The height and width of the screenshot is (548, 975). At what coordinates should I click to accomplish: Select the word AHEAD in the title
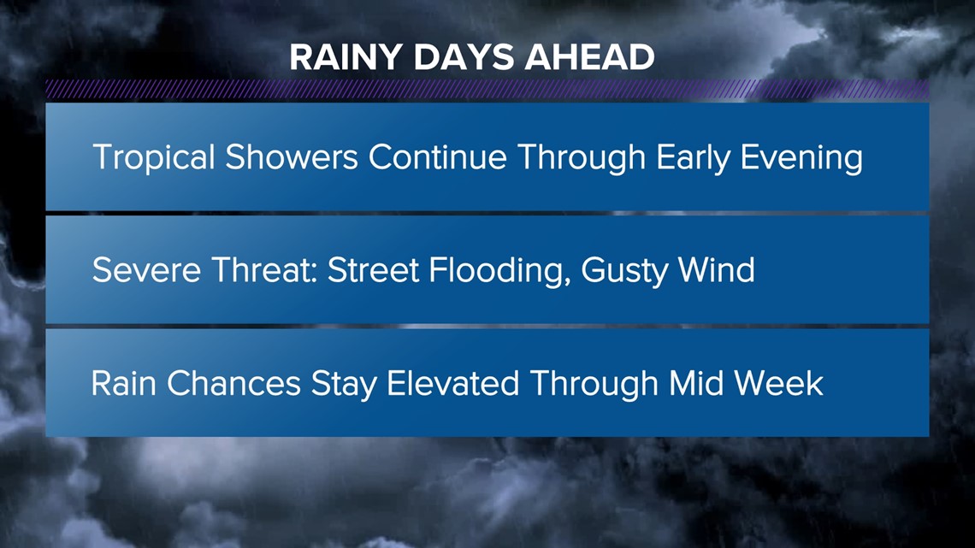coord(589,57)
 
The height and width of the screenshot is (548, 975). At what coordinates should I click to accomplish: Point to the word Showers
coord(291,156)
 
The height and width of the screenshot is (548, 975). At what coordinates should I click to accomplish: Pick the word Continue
coord(437,156)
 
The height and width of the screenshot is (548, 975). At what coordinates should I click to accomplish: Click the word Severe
coord(147,270)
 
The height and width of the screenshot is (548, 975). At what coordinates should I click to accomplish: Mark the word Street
coord(373,270)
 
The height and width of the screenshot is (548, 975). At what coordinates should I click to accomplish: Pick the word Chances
coord(233,383)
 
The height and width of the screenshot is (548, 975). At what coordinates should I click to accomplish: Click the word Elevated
coord(452,383)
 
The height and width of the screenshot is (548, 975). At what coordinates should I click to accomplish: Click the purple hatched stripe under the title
coord(487,90)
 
